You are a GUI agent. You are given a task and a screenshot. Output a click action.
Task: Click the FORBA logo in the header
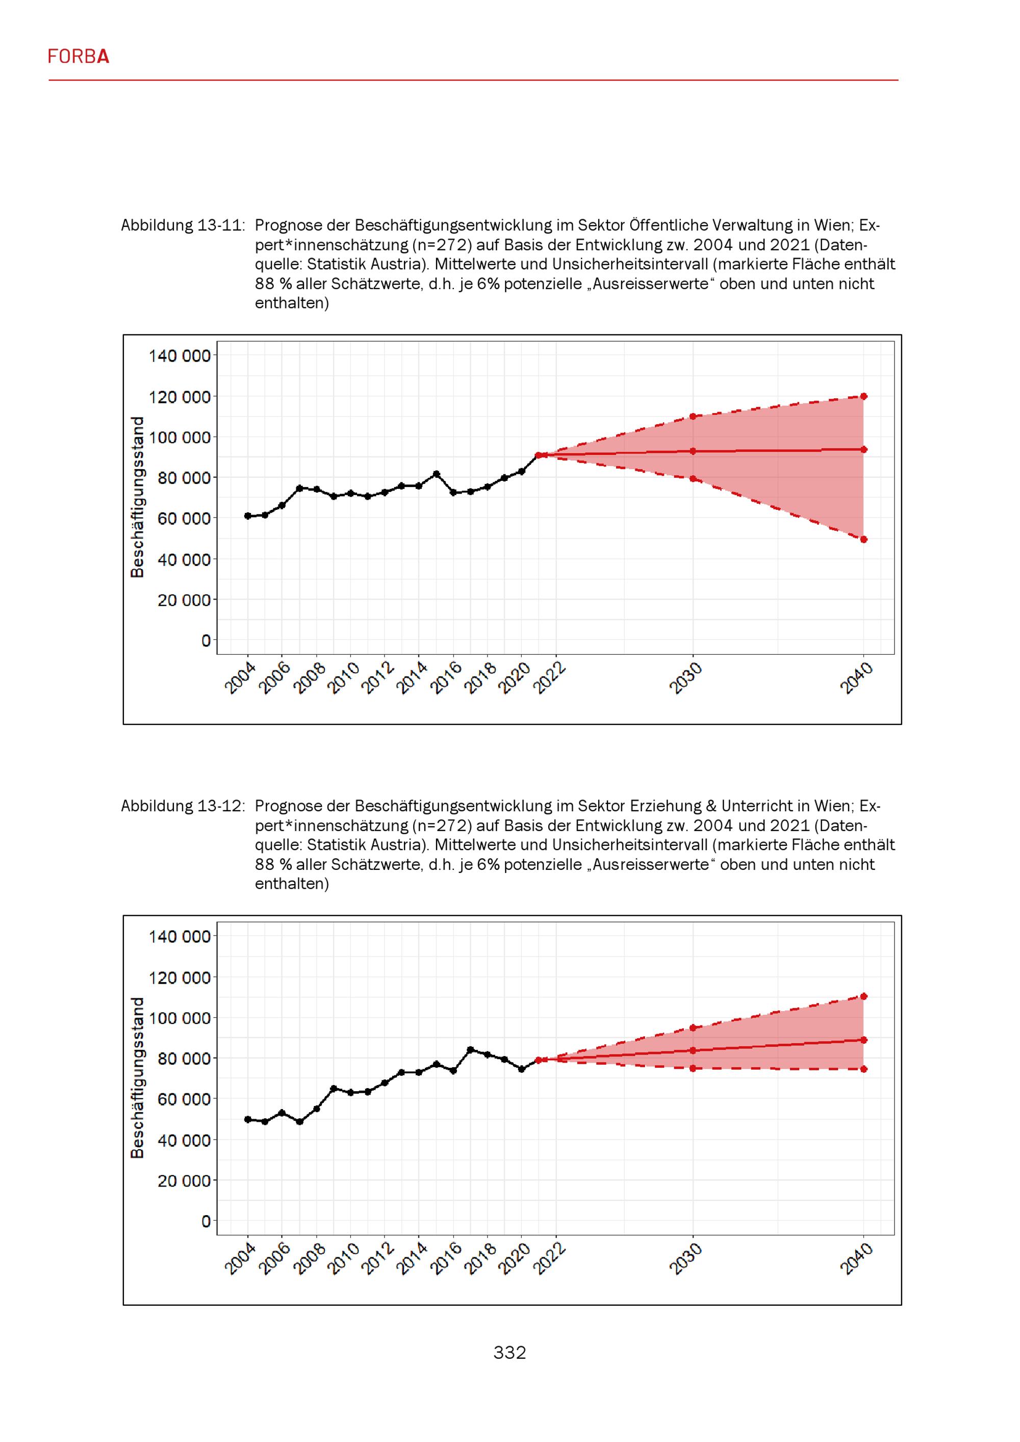click(79, 57)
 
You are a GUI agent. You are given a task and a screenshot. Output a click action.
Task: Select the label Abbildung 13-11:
click(183, 225)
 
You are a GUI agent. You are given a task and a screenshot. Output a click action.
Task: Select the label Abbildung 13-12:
click(183, 806)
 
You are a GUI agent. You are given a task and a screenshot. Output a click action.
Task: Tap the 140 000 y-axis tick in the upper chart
click(180, 356)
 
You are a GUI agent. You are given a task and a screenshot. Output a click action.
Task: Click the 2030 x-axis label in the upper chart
click(685, 679)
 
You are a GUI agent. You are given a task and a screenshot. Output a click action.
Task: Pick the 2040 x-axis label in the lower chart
click(857, 1260)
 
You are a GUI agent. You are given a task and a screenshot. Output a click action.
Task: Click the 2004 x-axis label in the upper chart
click(241, 679)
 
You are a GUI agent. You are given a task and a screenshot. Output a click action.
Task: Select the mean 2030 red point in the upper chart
click(693, 451)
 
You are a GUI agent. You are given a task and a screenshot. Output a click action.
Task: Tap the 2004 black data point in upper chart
click(248, 516)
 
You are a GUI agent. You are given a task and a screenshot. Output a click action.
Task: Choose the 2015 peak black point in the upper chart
click(437, 474)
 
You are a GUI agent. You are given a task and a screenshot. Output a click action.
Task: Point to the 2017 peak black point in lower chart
click(470, 1049)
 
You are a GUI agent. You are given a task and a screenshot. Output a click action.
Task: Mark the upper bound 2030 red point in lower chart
click(693, 1027)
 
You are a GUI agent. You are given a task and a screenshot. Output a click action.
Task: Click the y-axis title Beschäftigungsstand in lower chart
click(137, 1078)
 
